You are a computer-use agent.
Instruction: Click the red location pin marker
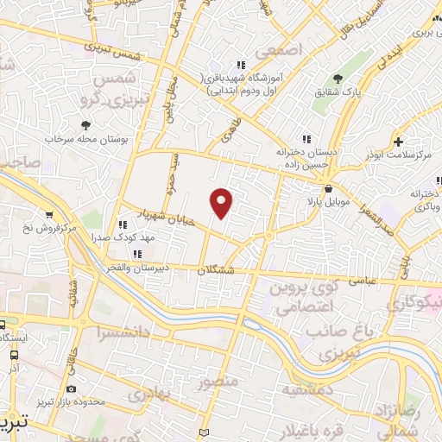(x=223, y=202)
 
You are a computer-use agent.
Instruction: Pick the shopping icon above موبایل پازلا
(x=328, y=189)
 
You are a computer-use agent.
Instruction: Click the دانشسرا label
(x=125, y=331)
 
